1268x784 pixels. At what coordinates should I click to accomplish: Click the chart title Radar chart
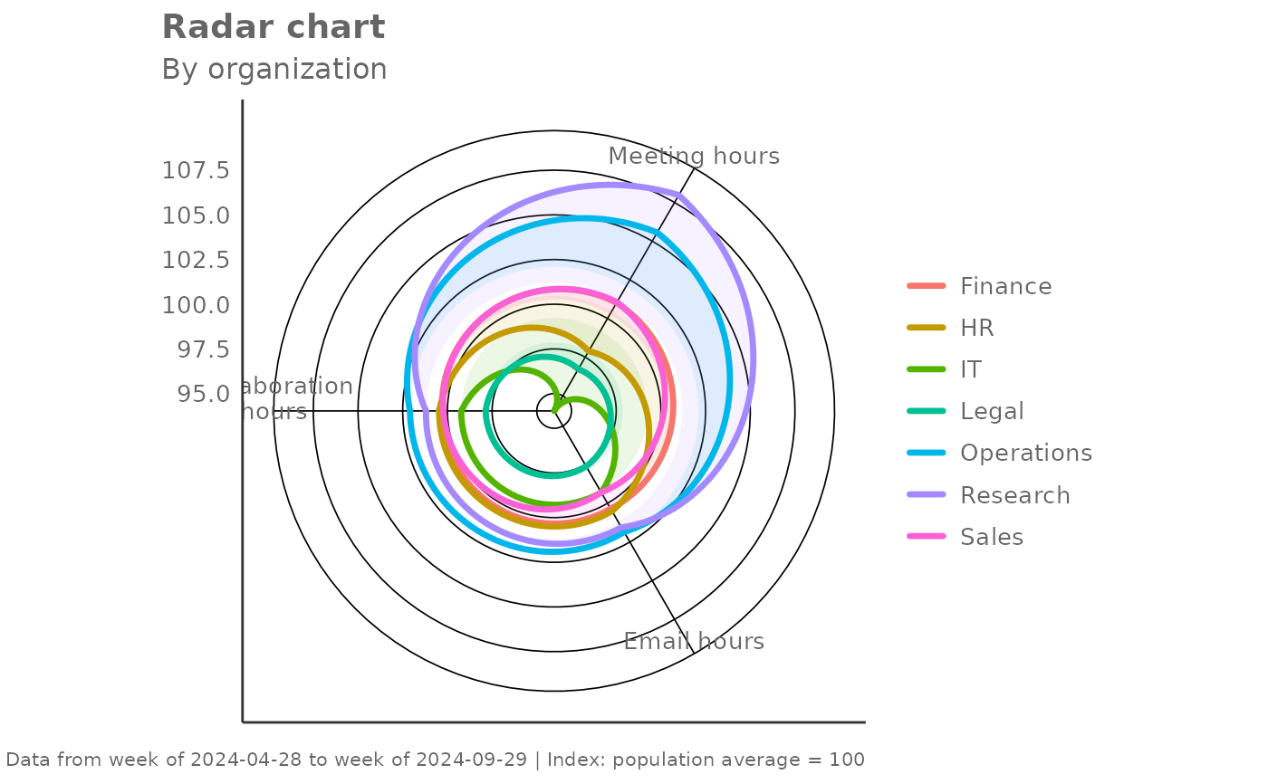click(x=274, y=27)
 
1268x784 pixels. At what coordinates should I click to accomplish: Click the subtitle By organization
click(x=274, y=70)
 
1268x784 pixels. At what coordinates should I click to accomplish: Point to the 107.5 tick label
click(x=196, y=170)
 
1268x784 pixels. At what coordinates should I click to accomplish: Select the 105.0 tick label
click(x=196, y=216)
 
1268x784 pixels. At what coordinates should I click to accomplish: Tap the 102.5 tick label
click(x=196, y=261)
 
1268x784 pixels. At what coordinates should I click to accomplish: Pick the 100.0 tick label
click(x=196, y=305)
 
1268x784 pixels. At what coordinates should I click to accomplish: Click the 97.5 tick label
click(x=204, y=349)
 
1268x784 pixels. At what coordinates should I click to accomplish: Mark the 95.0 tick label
click(x=204, y=394)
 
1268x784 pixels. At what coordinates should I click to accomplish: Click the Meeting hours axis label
click(x=694, y=157)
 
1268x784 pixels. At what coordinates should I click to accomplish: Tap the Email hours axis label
click(x=694, y=642)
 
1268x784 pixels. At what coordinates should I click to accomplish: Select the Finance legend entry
click(x=1005, y=287)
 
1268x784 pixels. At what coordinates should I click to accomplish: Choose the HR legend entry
click(x=976, y=329)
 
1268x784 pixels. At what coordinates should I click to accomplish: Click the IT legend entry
click(x=970, y=370)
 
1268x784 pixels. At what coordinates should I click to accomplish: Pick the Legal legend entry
click(x=992, y=412)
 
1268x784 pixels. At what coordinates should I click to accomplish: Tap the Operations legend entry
click(x=1025, y=454)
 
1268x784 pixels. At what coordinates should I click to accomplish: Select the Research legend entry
click(x=1014, y=496)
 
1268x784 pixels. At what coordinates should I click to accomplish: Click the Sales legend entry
click(x=992, y=538)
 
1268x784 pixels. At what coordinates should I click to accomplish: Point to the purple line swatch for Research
click(x=926, y=495)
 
